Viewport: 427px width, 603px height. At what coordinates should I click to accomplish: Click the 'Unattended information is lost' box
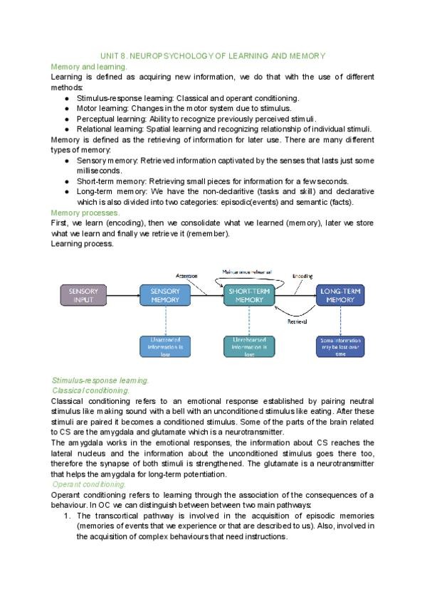tap(165, 346)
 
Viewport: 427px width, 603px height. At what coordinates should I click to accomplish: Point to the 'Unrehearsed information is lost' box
tap(248, 346)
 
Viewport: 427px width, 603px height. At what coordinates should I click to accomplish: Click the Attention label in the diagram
tap(186, 275)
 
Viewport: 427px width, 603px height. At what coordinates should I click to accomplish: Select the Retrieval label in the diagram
tap(297, 322)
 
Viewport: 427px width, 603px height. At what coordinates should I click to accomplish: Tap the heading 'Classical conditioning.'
tap(92, 390)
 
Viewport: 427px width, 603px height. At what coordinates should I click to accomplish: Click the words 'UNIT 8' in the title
tap(112, 55)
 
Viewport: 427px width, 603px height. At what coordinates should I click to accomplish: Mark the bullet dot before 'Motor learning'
tap(66, 108)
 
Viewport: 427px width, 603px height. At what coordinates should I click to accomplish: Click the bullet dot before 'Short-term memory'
tap(66, 181)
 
